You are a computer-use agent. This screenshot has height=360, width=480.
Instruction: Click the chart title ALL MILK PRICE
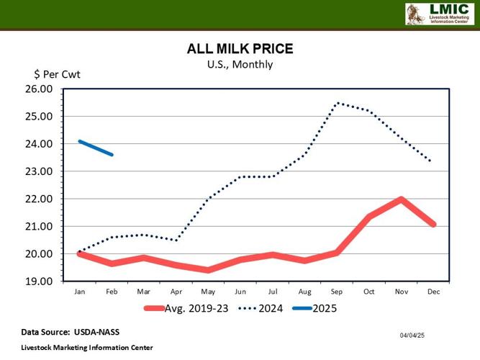tap(240, 49)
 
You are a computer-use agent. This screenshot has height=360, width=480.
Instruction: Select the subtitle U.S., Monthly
tap(240, 64)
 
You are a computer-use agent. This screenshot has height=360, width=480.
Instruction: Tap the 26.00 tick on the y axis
tap(40, 89)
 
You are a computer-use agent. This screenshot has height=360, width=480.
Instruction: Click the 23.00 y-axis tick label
tap(40, 171)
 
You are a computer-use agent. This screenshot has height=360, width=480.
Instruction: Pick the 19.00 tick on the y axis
tap(40, 282)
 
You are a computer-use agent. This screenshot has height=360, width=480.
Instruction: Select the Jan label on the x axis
tap(79, 291)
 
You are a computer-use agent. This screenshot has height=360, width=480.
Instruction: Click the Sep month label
tap(337, 291)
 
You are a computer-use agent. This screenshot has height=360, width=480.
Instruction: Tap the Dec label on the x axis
tap(433, 291)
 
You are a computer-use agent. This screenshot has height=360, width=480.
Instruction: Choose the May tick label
tap(208, 291)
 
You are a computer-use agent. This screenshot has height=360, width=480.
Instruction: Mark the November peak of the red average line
tap(402, 199)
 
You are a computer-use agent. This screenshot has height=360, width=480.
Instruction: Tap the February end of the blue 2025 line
tap(112, 155)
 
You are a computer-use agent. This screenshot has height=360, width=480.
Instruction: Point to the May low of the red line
tap(208, 270)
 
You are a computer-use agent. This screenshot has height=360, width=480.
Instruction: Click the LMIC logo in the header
tap(437, 14)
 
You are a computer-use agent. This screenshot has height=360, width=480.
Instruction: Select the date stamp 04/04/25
tap(412, 336)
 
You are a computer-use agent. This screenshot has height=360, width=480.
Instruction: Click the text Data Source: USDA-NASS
tap(70, 332)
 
